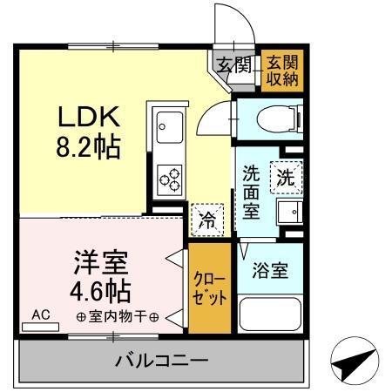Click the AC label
[x=40, y=314]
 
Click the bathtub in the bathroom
[x=269, y=314]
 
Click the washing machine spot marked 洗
[x=285, y=175]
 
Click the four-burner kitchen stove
[x=168, y=179]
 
